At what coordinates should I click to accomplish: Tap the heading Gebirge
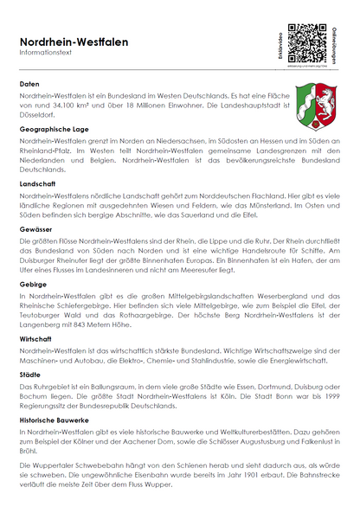click(x=35, y=283)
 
